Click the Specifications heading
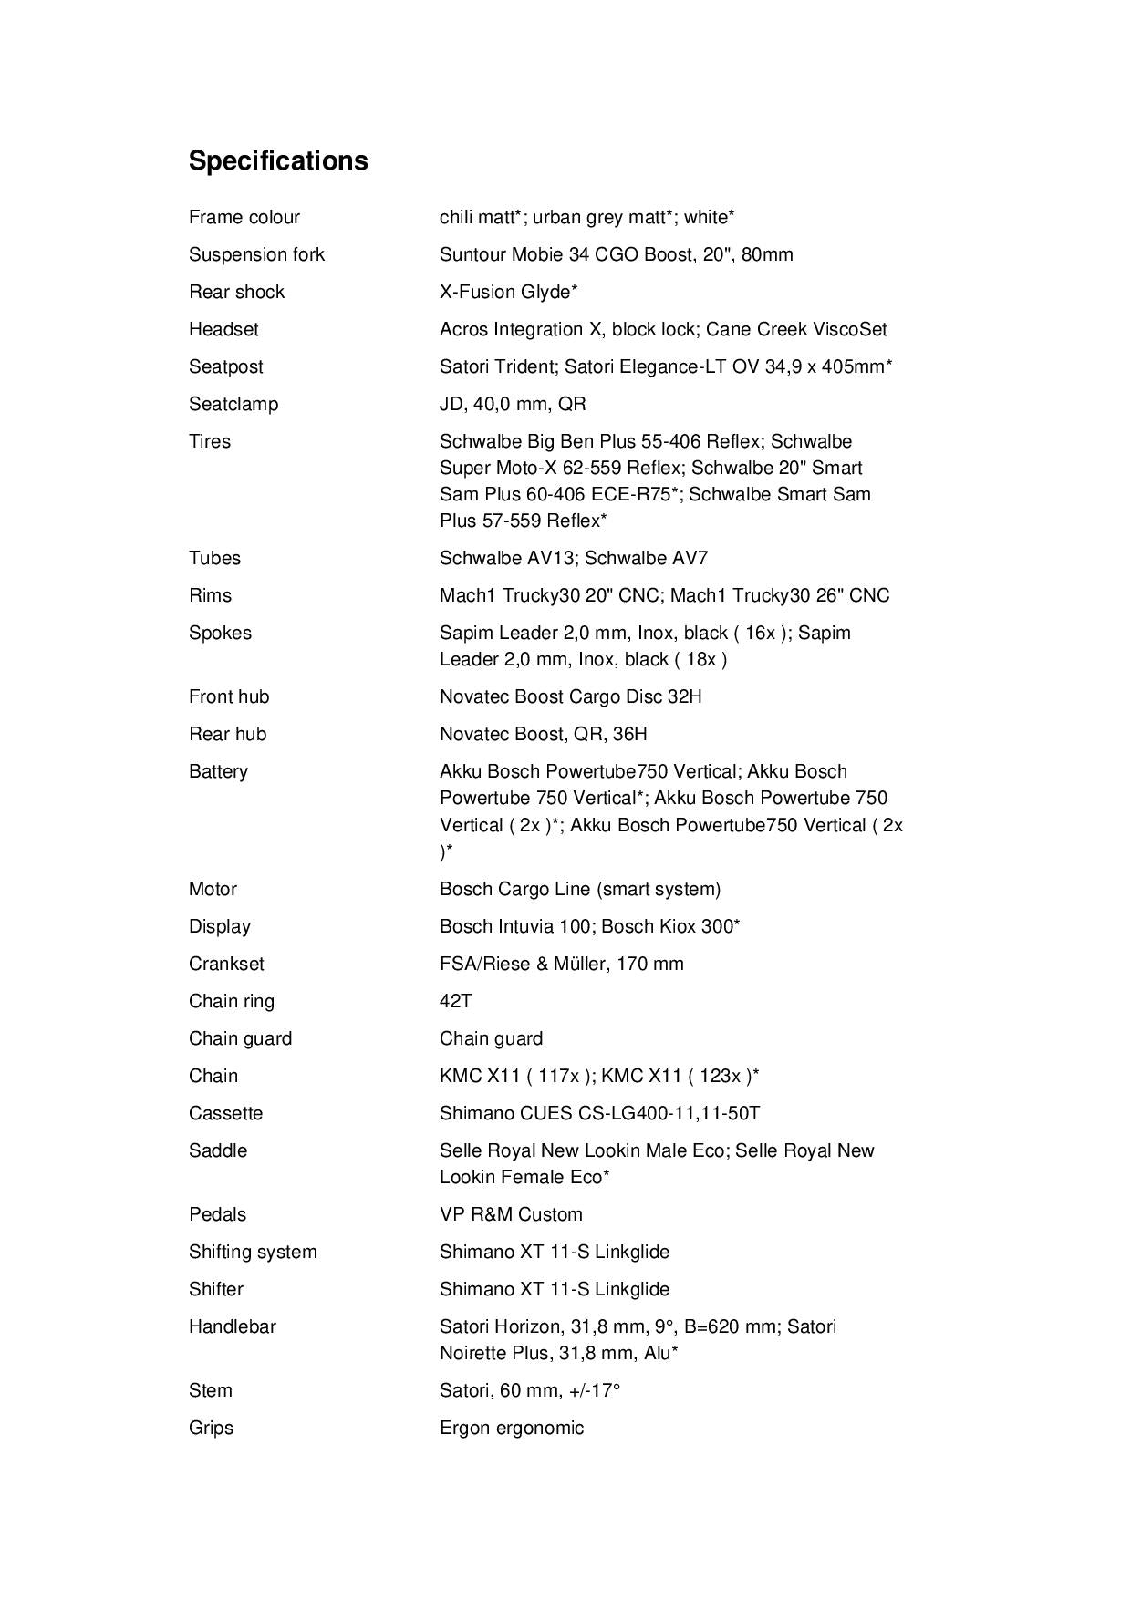278,160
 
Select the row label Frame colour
244,217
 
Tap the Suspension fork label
256,254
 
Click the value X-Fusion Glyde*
508,292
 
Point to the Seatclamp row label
233,404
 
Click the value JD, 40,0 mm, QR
513,404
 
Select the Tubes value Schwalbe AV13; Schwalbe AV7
573,558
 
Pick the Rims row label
210,595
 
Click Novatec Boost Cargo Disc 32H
570,696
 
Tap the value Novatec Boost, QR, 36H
543,734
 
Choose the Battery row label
218,771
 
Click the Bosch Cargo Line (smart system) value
579,889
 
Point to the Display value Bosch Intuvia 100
515,926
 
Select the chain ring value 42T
455,1001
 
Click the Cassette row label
225,1113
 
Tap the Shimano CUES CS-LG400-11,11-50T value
599,1113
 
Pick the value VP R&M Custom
510,1214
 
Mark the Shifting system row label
253,1252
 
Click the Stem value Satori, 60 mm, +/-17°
529,1390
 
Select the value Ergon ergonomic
511,1428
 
